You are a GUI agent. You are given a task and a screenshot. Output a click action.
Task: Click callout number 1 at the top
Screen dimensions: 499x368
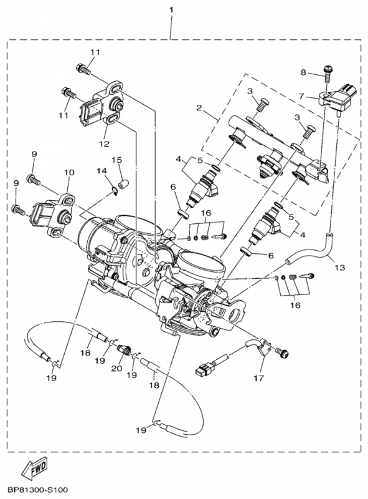(x=171, y=10)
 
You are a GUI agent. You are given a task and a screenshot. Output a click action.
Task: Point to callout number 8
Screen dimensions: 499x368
(x=303, y=72)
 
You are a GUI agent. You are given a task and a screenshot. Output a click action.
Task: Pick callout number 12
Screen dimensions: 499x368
(x=104, y=143)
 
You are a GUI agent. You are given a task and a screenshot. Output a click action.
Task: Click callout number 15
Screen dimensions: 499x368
(x=116, y=160)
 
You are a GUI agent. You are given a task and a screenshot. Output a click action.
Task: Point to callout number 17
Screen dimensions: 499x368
(x=259, y=378)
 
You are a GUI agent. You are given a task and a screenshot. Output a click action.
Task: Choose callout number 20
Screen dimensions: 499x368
(x=116, y=369)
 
